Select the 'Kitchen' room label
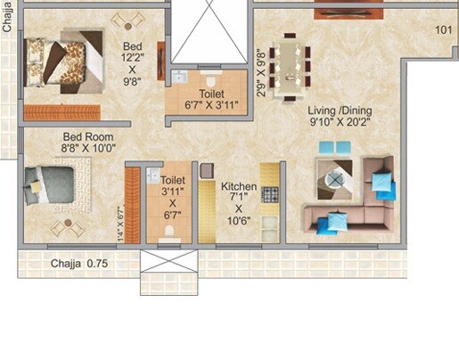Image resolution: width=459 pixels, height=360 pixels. [239, 187]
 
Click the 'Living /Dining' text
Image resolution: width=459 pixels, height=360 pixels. [340, 111]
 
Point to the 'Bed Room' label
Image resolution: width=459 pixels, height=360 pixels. [88, 136]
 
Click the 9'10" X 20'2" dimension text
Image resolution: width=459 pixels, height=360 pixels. [340, 125]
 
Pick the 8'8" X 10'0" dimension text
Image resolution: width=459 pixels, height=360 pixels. [88, 149]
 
